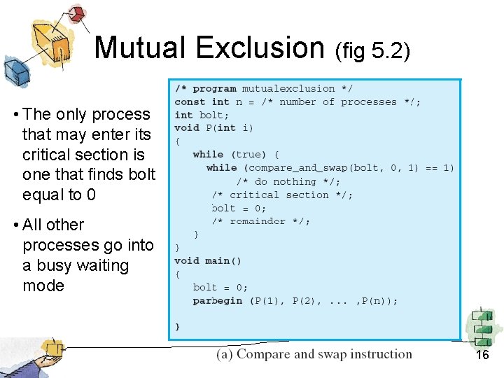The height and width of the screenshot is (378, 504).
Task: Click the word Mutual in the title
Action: (x=141, y=48)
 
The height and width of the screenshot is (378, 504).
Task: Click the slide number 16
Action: (x=482, y=355)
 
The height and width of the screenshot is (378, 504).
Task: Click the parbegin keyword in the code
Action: (x=217, y=301)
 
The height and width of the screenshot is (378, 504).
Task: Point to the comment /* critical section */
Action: (x=283, y=195)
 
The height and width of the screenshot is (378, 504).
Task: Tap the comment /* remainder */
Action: (x=260, y=221)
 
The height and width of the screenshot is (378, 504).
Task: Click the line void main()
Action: (x=208, y=261)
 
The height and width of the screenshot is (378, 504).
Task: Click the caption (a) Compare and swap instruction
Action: (x=314, y=354)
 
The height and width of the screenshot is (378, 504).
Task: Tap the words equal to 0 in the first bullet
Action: (x=59, y=195)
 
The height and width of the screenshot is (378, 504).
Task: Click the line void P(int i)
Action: (x=214, y=128)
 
